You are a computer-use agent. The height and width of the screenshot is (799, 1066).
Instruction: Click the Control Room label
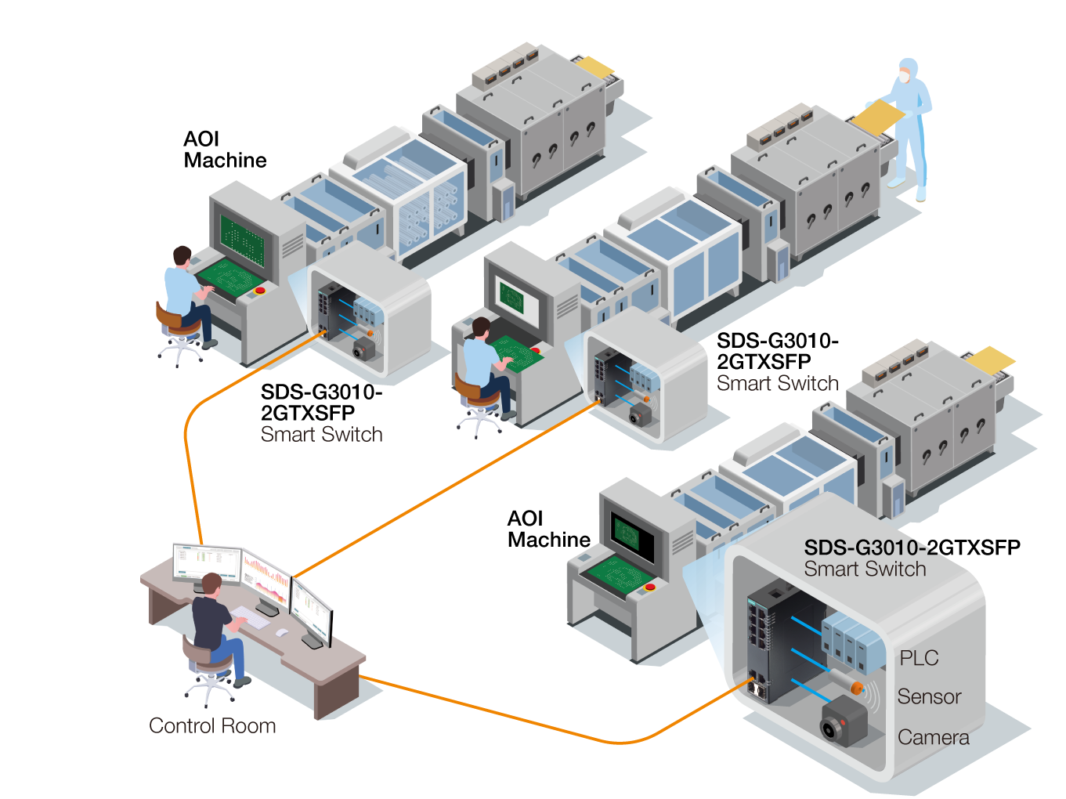[212, 726]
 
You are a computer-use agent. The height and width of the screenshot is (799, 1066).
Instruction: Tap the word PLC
[919, 658]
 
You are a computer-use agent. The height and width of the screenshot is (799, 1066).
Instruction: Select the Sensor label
[929, 696]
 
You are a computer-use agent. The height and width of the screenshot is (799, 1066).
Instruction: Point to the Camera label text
[933, 737]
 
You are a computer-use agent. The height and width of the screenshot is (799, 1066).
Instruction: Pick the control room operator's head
[211, 584]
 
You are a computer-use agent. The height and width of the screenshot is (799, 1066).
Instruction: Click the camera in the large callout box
[843, 720]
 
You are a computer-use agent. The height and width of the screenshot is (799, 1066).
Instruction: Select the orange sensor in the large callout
[856, 687]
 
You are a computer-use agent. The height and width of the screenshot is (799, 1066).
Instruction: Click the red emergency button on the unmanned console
[649, 587]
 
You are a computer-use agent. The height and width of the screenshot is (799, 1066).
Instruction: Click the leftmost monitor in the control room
[207, 563]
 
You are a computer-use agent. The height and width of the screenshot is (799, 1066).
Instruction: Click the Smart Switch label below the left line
[321, 434]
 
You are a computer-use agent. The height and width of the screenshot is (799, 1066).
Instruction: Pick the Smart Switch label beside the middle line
[777, 383]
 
